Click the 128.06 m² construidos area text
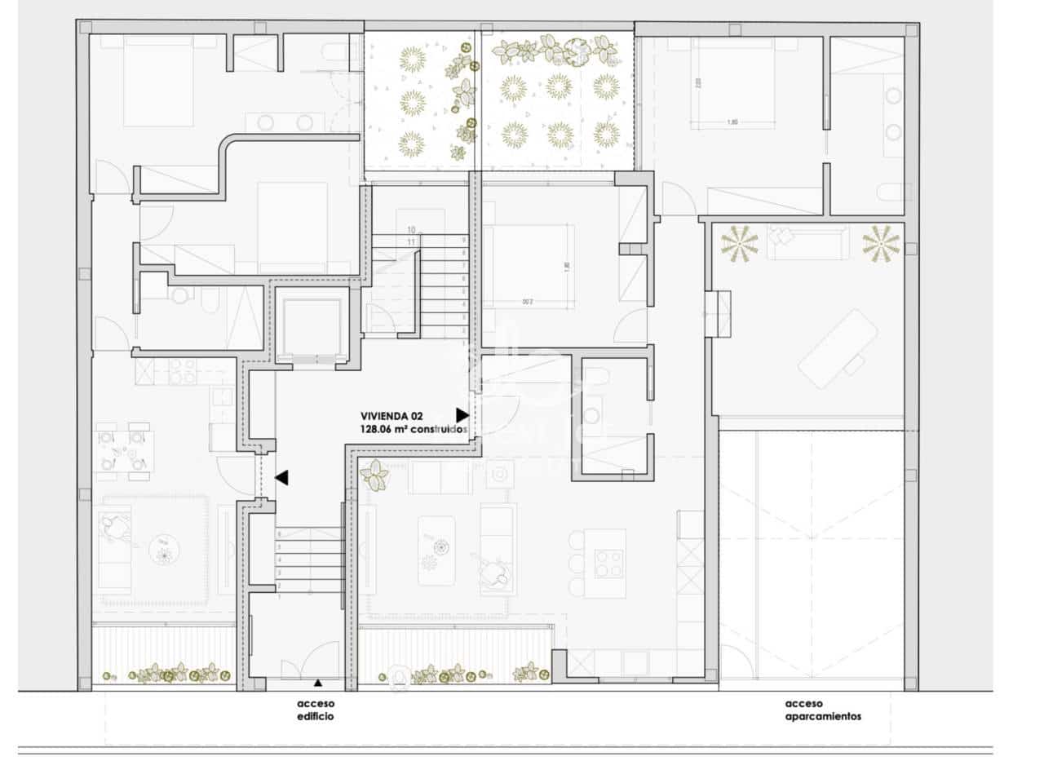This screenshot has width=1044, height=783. [x=413, y=428]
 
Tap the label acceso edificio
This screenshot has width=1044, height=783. [x=316, y=710]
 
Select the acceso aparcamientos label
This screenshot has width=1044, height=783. [x=823, y=710]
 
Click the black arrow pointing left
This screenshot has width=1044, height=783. [x=282, y=478]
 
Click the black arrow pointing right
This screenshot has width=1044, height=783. [x=462, y=414]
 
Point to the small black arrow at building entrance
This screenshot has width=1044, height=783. [x=317, y=681]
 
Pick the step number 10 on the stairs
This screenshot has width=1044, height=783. [x=411, y=230]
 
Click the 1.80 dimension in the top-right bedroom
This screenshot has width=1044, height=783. [x=732, y=122]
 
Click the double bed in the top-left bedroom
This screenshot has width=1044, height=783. [x=159, y=82]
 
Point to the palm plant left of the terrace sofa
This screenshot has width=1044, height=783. [x=741, y=243]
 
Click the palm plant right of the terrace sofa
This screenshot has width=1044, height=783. [x=881, y=243]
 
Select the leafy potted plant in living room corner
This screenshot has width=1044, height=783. [x=376, y=474]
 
